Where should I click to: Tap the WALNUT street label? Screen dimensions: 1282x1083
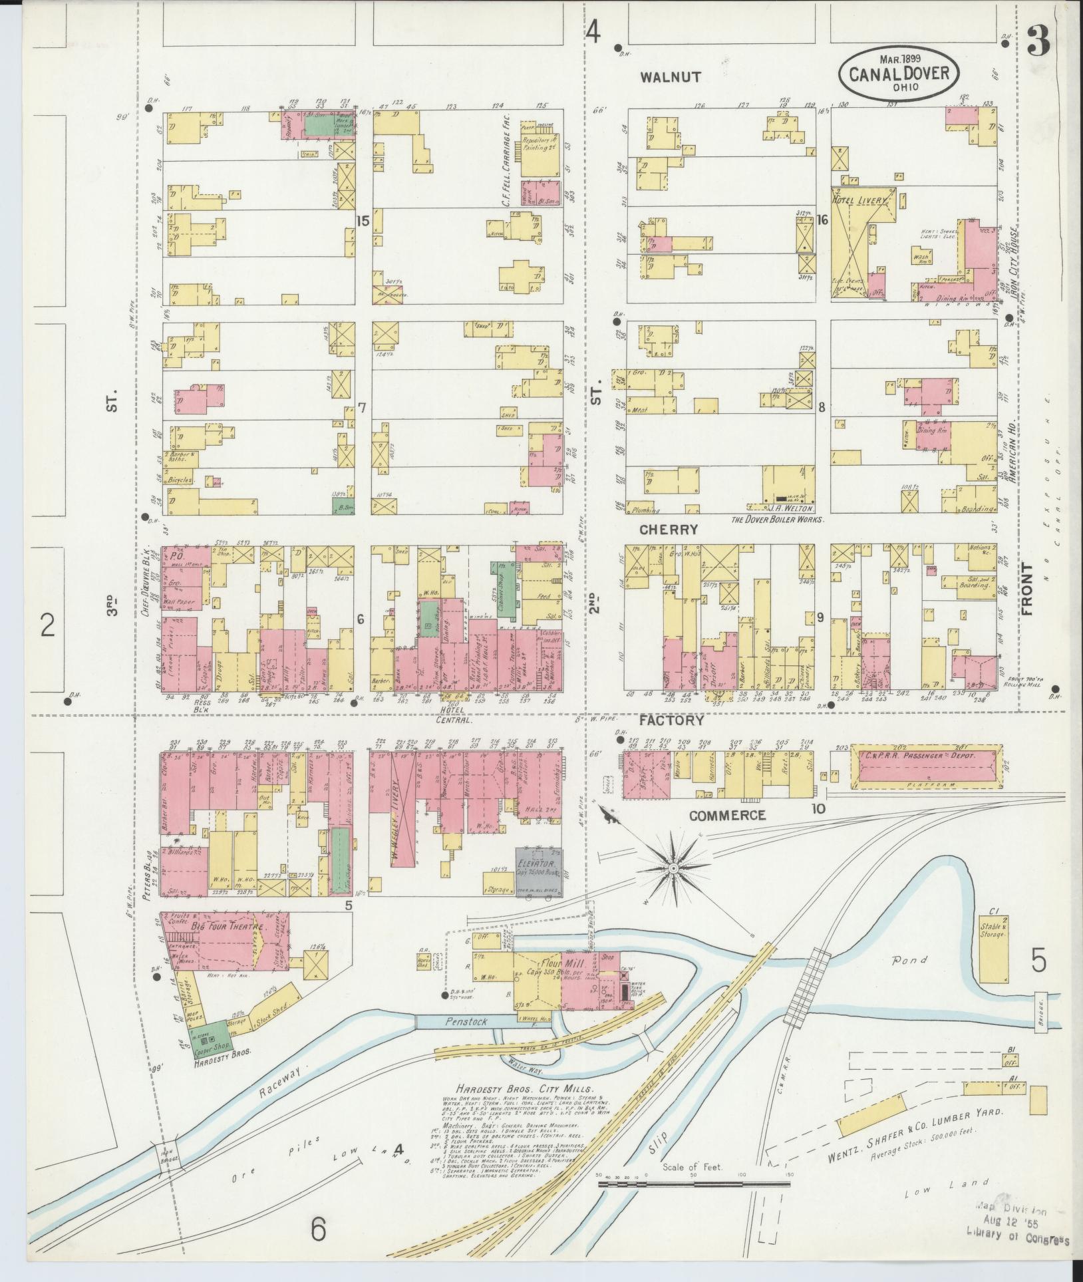(x=671, y=77)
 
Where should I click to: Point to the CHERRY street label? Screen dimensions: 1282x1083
(x=669, y=530)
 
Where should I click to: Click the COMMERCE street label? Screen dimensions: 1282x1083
(x=727, y=816)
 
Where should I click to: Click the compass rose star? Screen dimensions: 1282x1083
(x=674, y=869)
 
